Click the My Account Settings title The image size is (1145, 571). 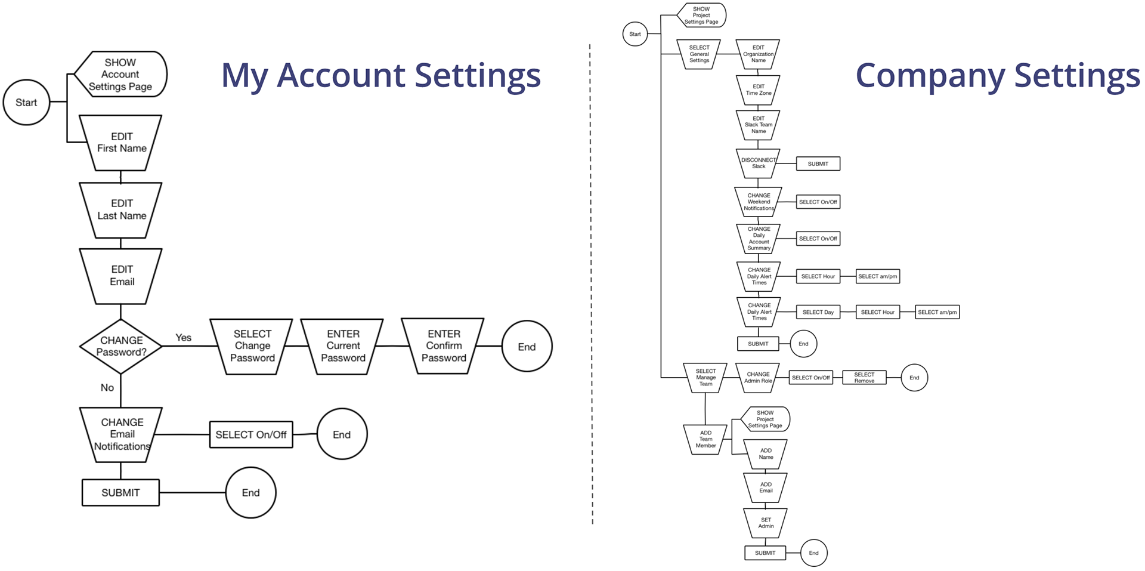coord(380,76)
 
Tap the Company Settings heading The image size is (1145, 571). coord(997,76)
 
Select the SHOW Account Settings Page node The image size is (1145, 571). coord(120,75)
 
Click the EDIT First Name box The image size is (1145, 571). coord(121,143)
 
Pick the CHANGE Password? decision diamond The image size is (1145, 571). coord(121,346)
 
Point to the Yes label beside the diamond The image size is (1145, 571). coord(184,338)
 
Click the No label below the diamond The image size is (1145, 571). coord(107,388)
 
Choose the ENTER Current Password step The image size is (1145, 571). coord(343,346)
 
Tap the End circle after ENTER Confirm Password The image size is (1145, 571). coord(527,347)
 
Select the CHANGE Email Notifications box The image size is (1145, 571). coord(122,434)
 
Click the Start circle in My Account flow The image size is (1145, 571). coord(26,103)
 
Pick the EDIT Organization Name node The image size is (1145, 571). coord(758,54)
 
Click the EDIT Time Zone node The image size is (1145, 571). coord(758,90)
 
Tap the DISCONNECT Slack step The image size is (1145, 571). coord(758,163)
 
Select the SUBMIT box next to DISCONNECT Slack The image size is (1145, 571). coord(818,163)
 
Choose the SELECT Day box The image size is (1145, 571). coord(818,312)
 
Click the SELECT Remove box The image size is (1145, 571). coord(864,378)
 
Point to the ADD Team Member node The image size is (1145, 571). coord(705,439)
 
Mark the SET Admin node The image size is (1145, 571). coord(766,523)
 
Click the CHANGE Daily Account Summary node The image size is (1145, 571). coord(759,239)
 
